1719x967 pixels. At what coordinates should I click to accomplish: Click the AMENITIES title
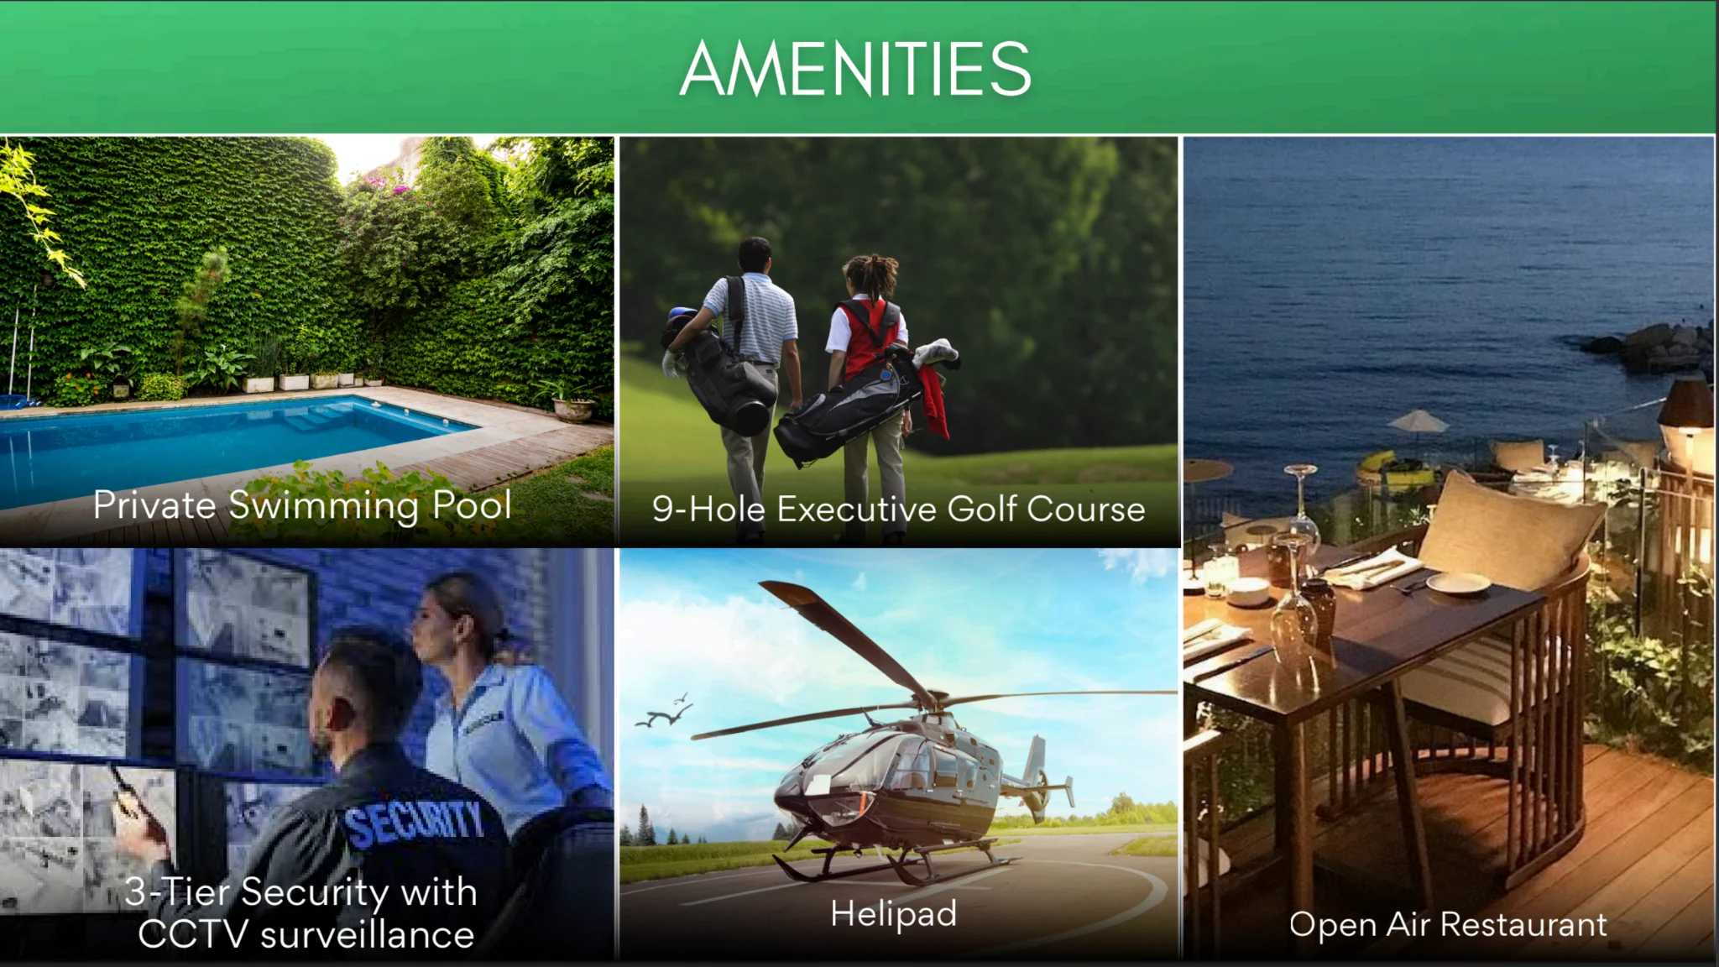point(855,69)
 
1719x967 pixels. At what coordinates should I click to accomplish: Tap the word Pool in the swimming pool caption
point(472,505)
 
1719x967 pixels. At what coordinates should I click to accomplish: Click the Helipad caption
point(894,914)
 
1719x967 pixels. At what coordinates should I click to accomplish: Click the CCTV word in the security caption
point(194,934)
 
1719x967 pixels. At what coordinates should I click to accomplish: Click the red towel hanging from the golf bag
point(935,400)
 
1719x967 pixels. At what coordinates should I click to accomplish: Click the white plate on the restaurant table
point(1458,583)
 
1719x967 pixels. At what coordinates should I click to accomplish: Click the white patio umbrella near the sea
point(1418,421)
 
